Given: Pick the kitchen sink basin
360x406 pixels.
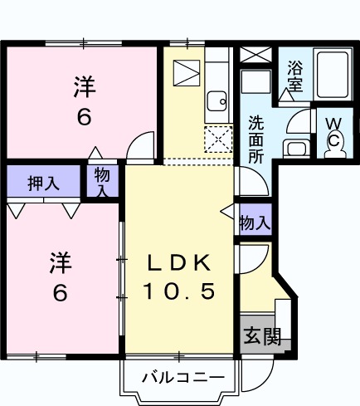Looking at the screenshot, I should click(x=217, y=101).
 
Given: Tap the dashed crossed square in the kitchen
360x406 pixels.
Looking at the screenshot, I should click(x=218, y=139).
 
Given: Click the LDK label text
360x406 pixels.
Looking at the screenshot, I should click(x=179, y=263).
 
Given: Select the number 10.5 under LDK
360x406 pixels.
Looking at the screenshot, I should click(x=178, y=291).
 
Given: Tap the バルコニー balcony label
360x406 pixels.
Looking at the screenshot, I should click(x=182, y=378).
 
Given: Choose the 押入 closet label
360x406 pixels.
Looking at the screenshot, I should click(x=43, y=183).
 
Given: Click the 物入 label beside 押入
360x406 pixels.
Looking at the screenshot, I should click(x=102, y=181).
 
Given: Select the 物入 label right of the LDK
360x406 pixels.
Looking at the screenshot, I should click(x=255, y=222).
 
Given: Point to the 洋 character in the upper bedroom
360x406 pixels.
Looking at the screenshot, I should click(x=83, y=86).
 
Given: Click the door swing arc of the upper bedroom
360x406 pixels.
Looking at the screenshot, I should click(x=143, y=143).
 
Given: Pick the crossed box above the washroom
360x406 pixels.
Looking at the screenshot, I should click(x=255, y=57).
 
